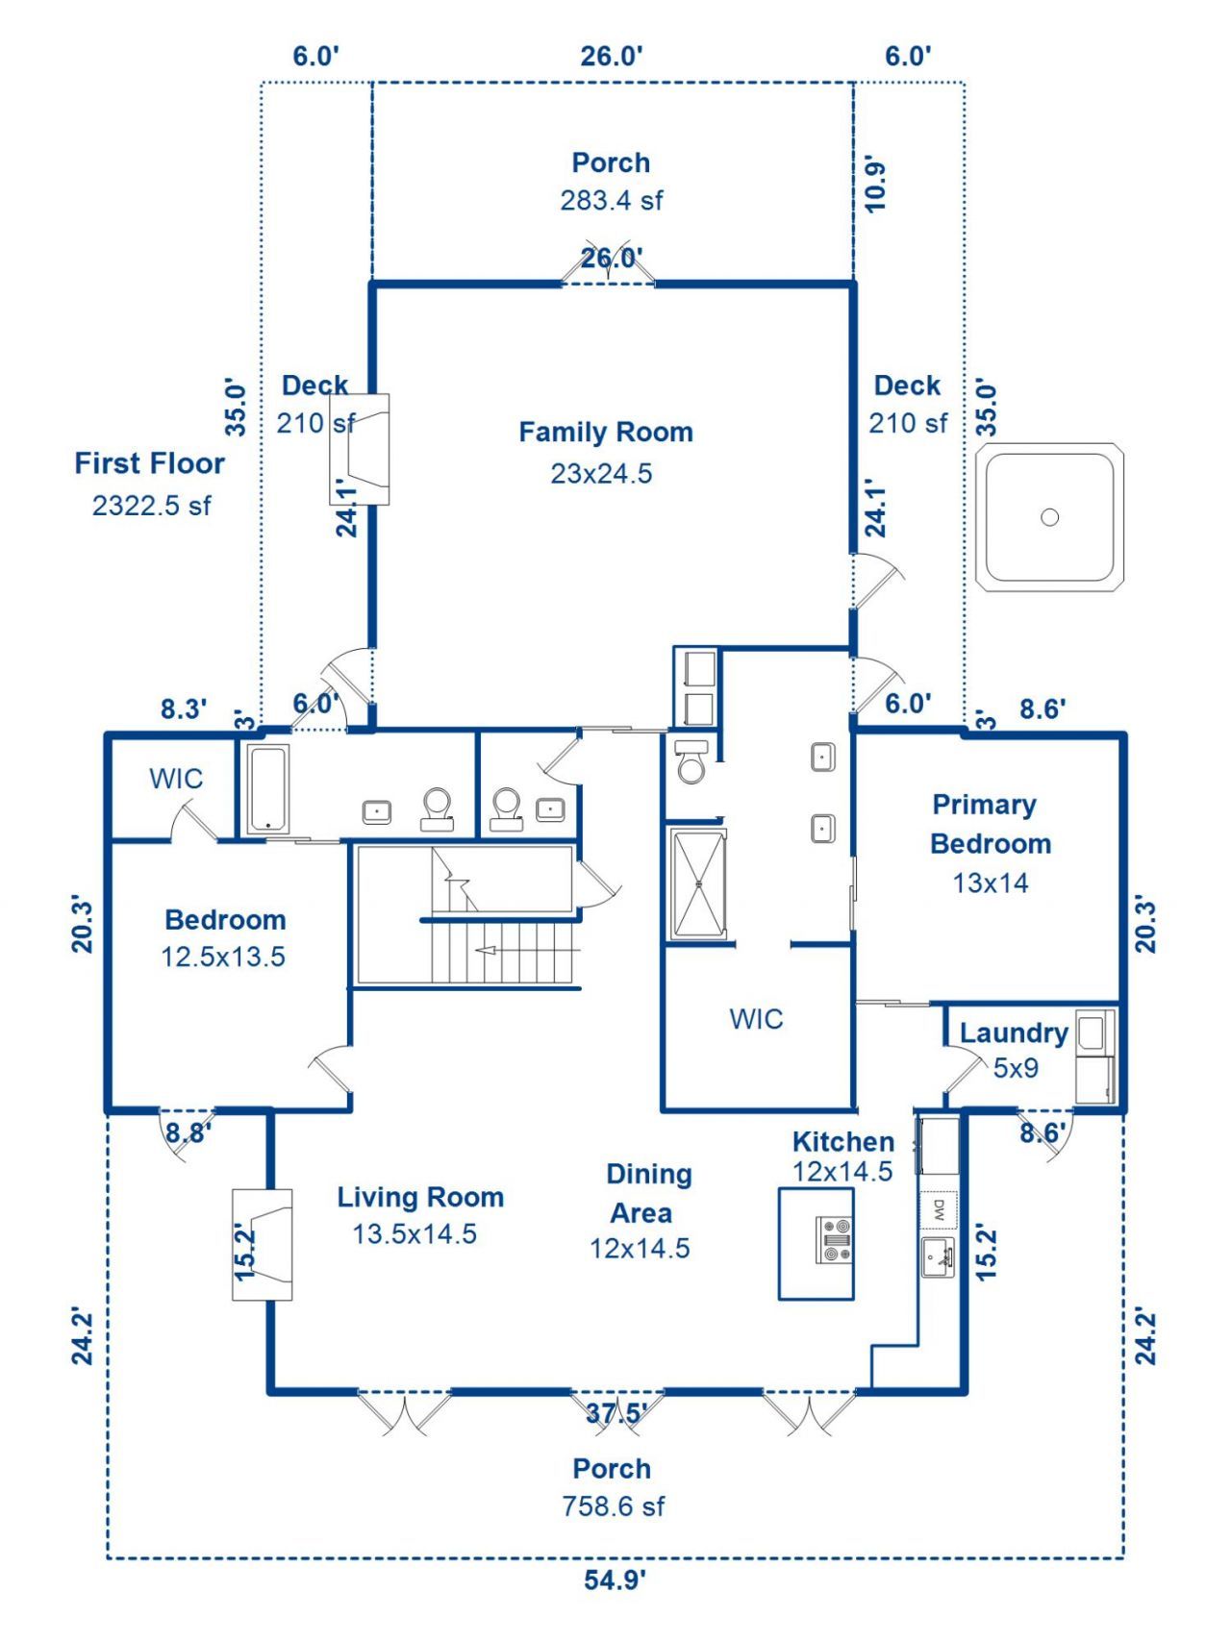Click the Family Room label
pyautogui.click(x=606, y=433)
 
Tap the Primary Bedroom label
pyautogui.click(x=991, y=824)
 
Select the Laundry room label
pyautogui.click(x=1014, y=1033)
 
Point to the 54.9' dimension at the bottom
pyautogui.click(x=615, y=1579)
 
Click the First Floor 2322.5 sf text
pyautogui.click(x=150, y=484)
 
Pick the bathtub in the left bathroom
pyautogui.click(x=268, y=789)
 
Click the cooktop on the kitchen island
pyautogui.click(x=834, y=1240)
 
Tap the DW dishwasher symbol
pyautogui.click(x=940, y=1210)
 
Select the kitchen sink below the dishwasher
pyautogui.click(x=939, y=1257)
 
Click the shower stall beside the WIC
pyautogui.click(x=699, y=883)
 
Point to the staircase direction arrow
pyautogui.click(x=529, y=951)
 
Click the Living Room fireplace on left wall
pyautogui.click(x=263, y=1245)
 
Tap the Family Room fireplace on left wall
pyautogui.click(x=360, y=449)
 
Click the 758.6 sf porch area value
pyautogui.click(x=614, y=1506)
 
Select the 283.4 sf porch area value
pyautogui.click(x=612, y=200)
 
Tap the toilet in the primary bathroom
pyautogui.click(x=691, y=760)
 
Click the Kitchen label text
pyautogui.click(x=843, y=1142)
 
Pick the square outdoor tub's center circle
pyautogui.click(x=1050, y=517)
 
